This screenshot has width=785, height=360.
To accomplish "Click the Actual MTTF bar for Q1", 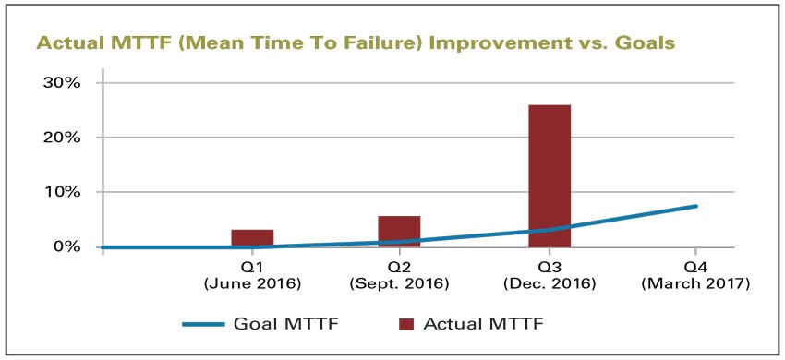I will point(252,238).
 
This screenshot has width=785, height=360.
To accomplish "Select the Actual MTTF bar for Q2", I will point(400,231).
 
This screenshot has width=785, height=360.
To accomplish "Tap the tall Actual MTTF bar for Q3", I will point(549,175).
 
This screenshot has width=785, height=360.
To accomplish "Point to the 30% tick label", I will point(63,82).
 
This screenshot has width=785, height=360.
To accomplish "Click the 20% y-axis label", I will point(63,137).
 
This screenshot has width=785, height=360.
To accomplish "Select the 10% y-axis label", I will point(63,192).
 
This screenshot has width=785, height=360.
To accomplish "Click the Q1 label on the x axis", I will point(254,267).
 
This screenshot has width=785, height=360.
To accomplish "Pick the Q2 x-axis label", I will point(400,267).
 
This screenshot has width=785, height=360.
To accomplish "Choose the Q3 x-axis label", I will point(549,267).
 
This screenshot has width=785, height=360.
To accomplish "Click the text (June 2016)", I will point(254,282).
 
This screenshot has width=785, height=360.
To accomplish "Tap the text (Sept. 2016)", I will point(400,282).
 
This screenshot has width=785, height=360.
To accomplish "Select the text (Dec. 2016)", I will point(549,282).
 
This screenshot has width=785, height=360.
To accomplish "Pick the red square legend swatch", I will point(405,324).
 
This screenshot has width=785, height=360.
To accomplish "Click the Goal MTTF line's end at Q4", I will point(695,206).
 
